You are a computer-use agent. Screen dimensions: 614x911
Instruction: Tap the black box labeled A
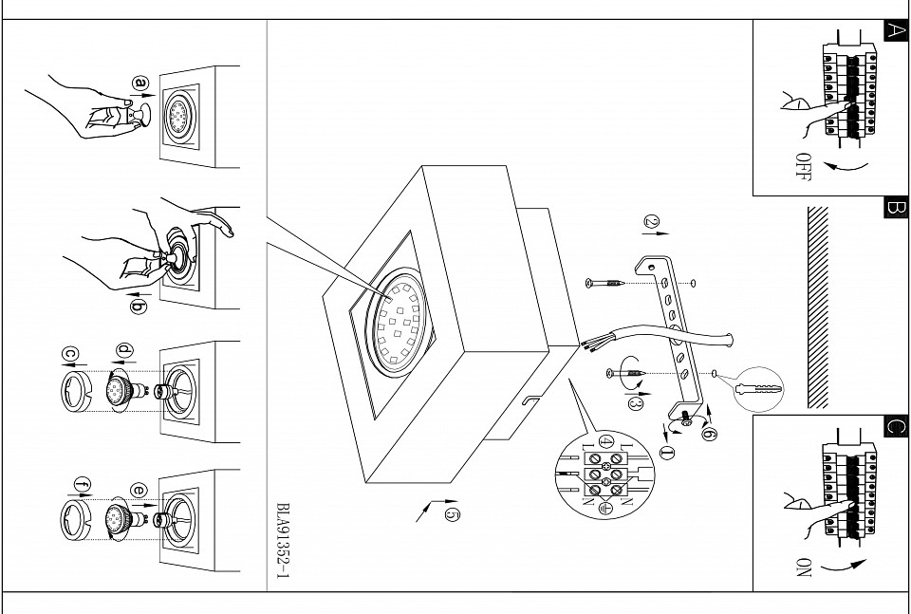coord(894,29)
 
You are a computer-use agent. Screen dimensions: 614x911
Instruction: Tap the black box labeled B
coord(894,207)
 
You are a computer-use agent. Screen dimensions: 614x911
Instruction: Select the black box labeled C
coord(894,425)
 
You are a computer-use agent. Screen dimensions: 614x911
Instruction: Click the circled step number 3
coord(637,403)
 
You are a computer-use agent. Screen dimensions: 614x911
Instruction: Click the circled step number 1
coord(667,453)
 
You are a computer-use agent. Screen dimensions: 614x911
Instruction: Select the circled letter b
coord(139,306)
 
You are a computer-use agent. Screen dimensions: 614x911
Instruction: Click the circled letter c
coord(69,353)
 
